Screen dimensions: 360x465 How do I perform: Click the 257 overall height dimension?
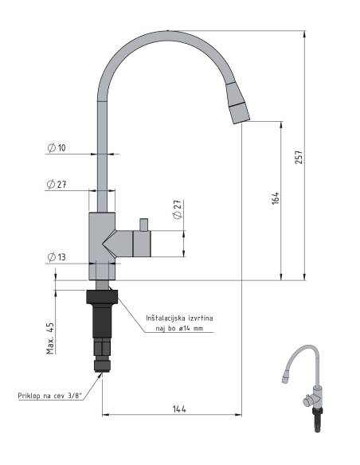pos(299,157)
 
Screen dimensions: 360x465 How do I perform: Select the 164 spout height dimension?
pos(276,197)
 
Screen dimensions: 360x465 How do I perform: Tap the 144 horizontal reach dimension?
pos(179,409)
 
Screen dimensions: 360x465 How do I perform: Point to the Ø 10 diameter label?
pos(57,147)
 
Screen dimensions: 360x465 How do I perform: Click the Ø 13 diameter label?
pos(57,257)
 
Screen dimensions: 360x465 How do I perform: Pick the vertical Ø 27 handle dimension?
pos(178,209)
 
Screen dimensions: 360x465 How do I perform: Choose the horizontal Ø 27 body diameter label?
pos(57,184)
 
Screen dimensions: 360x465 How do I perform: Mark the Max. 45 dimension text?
pos(50,338)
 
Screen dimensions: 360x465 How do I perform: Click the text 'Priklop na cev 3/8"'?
pos(49,396)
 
